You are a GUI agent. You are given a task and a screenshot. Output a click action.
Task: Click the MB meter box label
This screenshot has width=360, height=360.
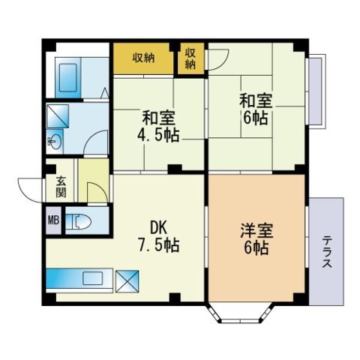53,220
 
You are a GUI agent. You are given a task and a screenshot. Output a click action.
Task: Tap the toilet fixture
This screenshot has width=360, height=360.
79,221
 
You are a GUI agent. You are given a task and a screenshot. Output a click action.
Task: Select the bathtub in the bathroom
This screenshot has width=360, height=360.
68,77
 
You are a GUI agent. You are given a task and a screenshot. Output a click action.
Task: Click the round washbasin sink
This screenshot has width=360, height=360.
55,142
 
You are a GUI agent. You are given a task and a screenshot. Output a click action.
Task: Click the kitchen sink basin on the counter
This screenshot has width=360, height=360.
93,278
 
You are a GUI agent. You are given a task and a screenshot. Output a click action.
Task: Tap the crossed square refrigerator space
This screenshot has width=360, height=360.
127,281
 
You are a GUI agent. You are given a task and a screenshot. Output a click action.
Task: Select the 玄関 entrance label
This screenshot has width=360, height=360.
61,187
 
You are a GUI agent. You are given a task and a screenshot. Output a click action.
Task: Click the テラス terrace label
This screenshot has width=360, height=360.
327,252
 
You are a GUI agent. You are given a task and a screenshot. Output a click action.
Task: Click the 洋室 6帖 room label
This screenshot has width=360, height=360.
256,239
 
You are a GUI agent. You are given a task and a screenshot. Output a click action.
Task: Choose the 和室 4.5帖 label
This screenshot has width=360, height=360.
158,126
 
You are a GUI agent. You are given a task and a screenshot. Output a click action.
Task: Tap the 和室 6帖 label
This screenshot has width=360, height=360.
256,109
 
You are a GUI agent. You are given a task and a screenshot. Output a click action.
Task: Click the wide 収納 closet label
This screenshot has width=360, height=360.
143,58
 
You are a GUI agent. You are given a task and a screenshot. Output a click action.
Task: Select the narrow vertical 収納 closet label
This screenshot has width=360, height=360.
190,58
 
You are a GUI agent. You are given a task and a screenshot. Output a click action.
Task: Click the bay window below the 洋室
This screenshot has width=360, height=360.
241,313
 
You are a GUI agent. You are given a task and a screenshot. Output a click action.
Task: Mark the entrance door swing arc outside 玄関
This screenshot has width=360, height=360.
26,187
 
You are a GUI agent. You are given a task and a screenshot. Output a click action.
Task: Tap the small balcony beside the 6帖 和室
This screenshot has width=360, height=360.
316,91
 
